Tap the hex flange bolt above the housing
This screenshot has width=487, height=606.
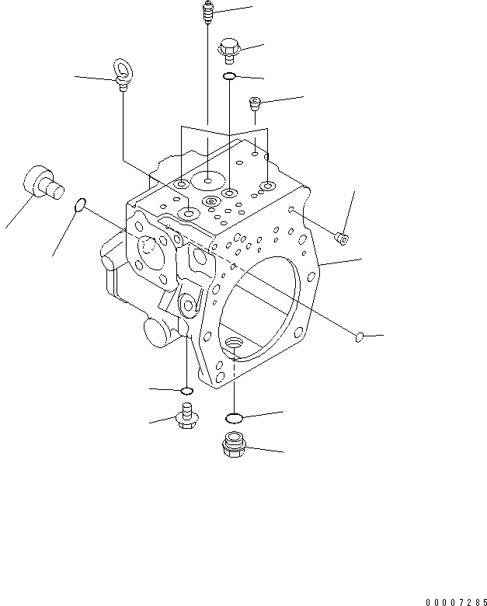(x=229, y=48)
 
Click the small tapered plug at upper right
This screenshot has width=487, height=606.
(x=256, y=102)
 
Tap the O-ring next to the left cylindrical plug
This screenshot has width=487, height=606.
(x=79, y=205)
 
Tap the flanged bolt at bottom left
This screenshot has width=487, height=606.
(x=186, y=416)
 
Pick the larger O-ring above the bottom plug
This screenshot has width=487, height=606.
(x=235, y=417)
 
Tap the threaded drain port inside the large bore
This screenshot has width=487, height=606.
(x=232, y=342)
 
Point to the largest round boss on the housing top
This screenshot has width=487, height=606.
(x=207, y=180)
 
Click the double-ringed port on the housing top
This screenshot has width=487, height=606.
(x=210, y=202)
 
